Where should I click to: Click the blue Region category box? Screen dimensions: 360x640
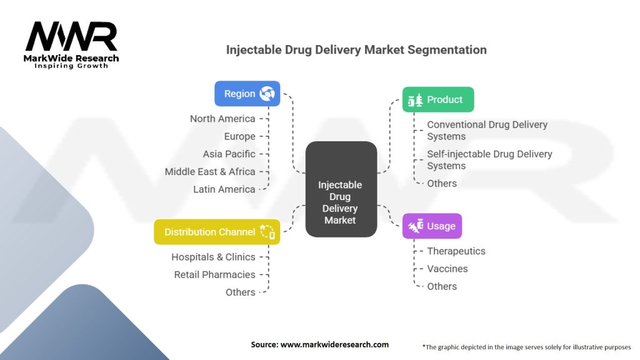[x=247, y=94]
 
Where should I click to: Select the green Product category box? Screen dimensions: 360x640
[x=437, y=99]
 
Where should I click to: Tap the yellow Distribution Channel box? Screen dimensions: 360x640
[x=217, y=232]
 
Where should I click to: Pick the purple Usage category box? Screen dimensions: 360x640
[x=432, y=226]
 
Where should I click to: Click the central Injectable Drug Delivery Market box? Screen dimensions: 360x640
[x=341, y=189]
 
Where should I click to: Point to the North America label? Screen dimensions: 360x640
[x=222, y=119]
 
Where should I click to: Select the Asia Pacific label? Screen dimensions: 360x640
[x=229, y=154]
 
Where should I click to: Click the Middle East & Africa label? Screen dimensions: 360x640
[x=210, y=171]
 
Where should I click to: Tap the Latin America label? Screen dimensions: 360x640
[x=224, y=189]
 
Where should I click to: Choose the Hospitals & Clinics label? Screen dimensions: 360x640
[x=213, y=257]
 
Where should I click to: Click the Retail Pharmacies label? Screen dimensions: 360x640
[x=214, y=274]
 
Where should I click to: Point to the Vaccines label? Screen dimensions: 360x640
[x=447, y=269]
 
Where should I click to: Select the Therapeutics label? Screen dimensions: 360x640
[x=456, y=251]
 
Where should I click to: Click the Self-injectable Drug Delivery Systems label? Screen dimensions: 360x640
[x=489, y=159]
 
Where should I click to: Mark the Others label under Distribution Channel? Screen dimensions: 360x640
[x=240, y=292]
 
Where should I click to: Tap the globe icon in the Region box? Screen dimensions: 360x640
[x=267, y=94]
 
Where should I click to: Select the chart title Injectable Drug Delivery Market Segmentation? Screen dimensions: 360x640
[x=356, y=49]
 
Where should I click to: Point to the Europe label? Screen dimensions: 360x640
[x=239, y=136]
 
